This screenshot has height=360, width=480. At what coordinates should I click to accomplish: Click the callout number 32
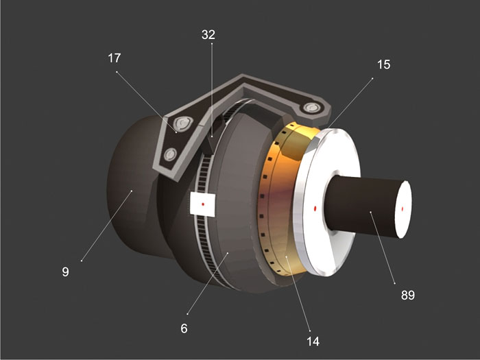tap(208, 34)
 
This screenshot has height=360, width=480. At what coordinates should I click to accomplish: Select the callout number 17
tap(115, 58)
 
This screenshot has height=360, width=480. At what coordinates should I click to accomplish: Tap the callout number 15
tap(383, 64)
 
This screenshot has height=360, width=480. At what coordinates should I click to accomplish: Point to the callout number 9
tap(65, 272)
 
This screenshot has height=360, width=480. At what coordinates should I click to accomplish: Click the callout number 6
tap(184, 328)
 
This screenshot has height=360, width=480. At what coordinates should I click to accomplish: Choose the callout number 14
tap(313, 341)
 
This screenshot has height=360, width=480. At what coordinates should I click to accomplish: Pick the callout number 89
tap(408, 295)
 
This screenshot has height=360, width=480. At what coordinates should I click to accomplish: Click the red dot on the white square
tap(203, 204)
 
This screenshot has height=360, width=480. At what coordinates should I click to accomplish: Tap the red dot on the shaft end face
tap(403, 209)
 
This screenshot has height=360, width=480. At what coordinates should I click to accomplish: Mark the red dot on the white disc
tap(315, 208)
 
